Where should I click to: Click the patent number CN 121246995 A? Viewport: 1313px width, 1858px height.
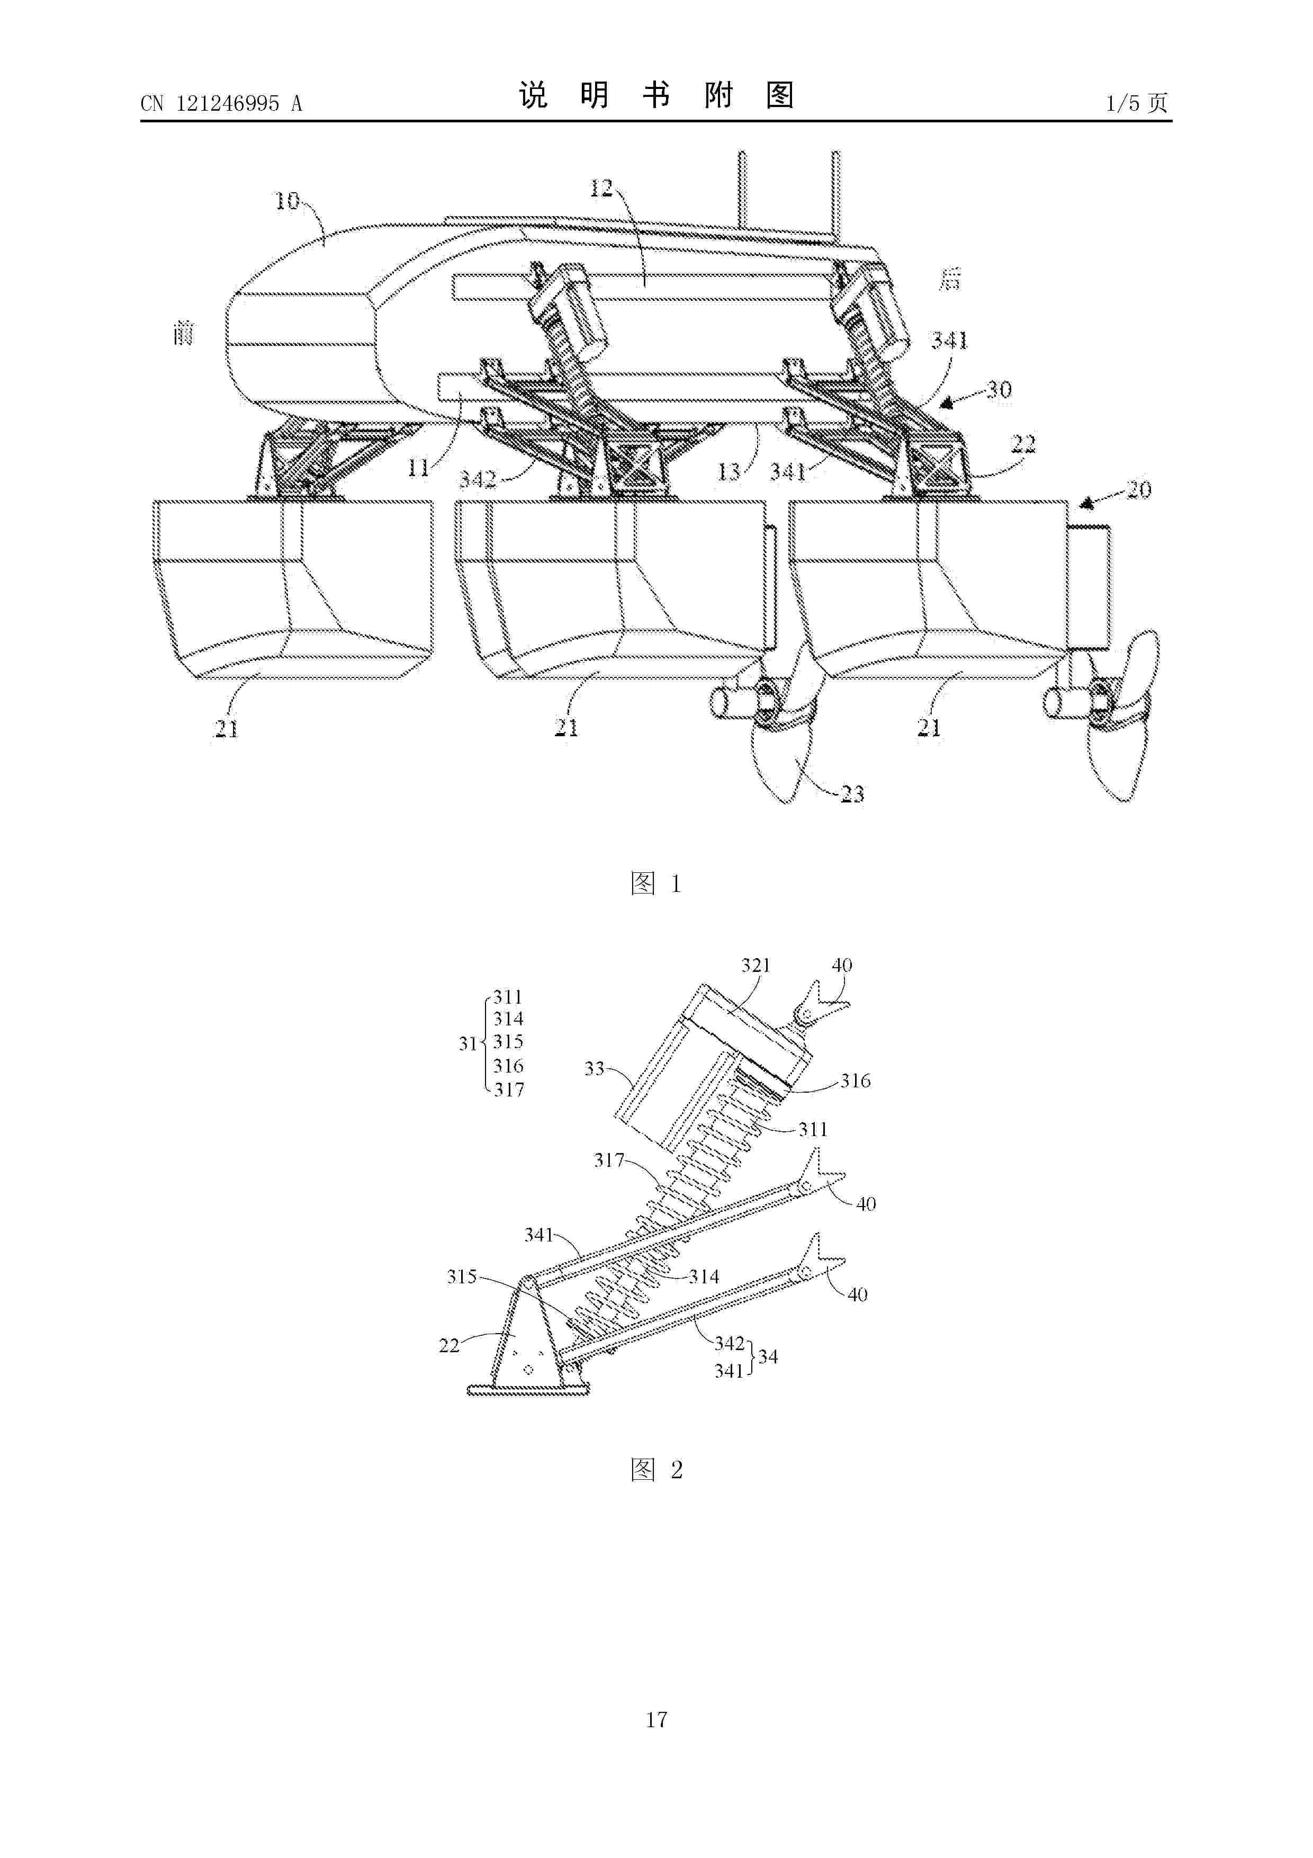point(221,104)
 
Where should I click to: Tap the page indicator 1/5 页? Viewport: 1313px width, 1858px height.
point(1137,103)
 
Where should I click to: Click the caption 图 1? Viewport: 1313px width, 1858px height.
point(656,883)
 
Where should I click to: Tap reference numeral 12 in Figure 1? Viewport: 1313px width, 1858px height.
point(601,189)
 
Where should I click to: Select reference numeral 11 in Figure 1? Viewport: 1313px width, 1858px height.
point(418,467)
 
